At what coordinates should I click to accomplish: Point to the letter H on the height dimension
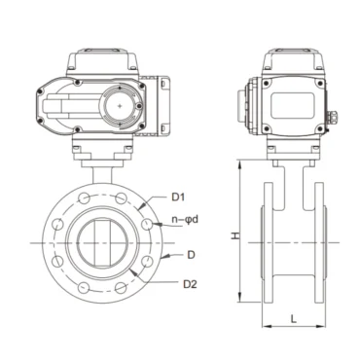pyautogui.click(x=224, y=237)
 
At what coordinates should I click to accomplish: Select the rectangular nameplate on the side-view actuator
pyautogui.click(x=292, y=102)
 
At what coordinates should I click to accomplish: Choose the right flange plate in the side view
pyautogui.click(x=317, y=238)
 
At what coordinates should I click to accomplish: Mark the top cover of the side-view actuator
pyautogui.click(x=292, y=60)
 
